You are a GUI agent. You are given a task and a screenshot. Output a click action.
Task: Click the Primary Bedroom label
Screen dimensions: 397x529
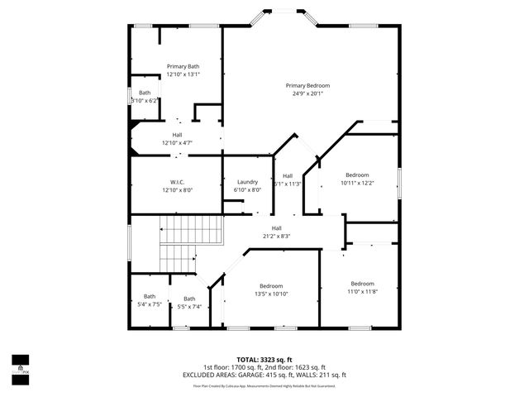point(307,86)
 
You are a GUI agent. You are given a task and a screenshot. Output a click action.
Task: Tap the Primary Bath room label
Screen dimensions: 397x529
point(183,66)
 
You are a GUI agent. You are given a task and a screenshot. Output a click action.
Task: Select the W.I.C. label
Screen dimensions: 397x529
point(177,182)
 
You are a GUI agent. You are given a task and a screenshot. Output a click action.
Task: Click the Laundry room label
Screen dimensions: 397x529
point(248,182)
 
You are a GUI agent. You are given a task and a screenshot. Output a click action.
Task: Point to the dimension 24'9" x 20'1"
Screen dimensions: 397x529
point(307,93)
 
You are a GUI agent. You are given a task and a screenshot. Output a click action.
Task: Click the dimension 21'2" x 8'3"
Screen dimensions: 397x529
point(277,236)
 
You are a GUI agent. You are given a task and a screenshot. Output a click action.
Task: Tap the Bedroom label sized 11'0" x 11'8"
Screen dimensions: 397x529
point(362,284)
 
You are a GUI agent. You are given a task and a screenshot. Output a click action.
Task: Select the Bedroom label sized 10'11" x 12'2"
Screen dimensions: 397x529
point(357,175)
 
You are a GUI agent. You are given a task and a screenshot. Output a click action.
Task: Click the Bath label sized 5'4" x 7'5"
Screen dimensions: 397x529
point(150,296)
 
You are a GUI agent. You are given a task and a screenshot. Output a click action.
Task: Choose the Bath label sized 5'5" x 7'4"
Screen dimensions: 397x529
point(189,299)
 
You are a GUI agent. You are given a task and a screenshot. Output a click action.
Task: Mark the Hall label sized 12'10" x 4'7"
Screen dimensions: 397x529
point(177,135)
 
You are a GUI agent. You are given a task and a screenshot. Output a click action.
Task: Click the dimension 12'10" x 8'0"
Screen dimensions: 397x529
point(177,190)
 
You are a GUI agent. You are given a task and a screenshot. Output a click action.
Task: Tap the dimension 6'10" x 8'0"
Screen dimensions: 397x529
point(248,189)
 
